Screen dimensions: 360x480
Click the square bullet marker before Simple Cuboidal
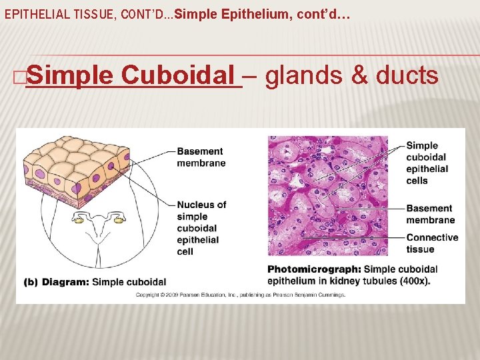(19, 77)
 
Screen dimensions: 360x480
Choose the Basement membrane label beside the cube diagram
(201, 157)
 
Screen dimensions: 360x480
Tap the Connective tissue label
(432, 243)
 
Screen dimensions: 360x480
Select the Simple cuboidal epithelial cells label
(427, 163)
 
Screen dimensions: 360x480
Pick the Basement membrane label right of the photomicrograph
(430, 214)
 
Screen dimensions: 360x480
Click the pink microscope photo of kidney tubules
(327, 197)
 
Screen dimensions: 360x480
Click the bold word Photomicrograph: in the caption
(314, 269)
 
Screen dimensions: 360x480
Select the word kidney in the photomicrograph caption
(339, 281)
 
